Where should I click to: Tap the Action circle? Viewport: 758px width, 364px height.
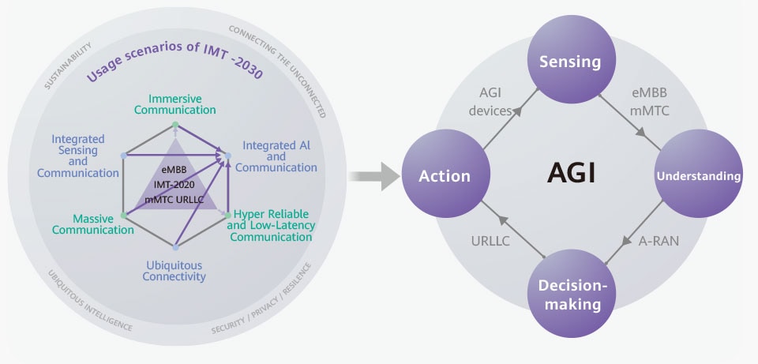[445, 174]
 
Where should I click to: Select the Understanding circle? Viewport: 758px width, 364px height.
[699, 174]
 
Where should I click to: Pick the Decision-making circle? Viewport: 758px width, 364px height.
[570, 294]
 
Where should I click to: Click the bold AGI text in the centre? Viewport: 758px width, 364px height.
[571, 173]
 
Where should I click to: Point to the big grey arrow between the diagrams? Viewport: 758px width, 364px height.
[374, 176]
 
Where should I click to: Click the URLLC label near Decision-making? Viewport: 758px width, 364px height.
[490, 241]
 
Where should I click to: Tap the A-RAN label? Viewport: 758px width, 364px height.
[659, 241]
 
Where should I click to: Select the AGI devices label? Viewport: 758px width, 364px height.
[490, 102]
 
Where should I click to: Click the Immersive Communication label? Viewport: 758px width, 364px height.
[175, 104]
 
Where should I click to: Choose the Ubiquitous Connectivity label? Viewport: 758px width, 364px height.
[174, 271]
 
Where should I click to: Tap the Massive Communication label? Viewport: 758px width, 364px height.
[93, 224]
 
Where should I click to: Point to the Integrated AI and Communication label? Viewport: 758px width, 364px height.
[276, 156]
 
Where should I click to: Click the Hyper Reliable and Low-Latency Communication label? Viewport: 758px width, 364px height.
[271, 225]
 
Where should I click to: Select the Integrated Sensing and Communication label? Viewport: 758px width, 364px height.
[78, 156]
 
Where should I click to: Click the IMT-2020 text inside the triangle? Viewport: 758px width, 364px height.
[174, 184]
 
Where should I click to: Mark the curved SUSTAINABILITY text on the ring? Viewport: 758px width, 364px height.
[68, 66]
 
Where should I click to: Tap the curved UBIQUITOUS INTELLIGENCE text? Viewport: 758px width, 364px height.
[90, 301]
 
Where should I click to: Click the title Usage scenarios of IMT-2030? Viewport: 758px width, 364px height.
[174, 61]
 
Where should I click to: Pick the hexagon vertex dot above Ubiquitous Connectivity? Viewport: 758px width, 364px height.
[175, 247]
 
